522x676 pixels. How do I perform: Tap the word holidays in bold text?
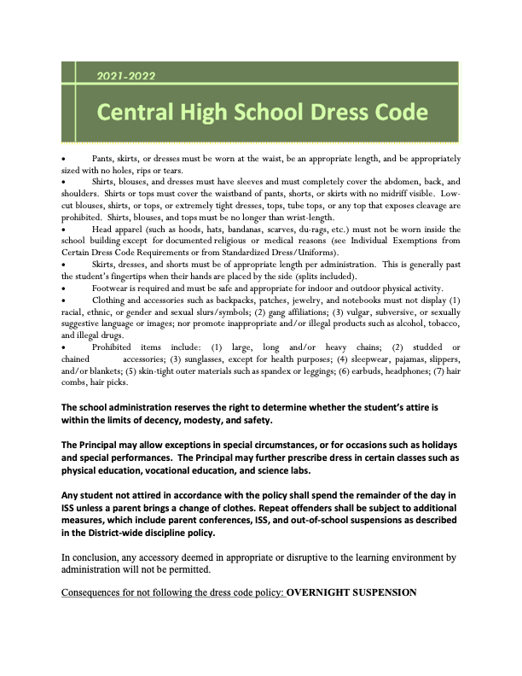tap(432, 446)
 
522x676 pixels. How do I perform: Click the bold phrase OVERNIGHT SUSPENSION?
tap(351, 591)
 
